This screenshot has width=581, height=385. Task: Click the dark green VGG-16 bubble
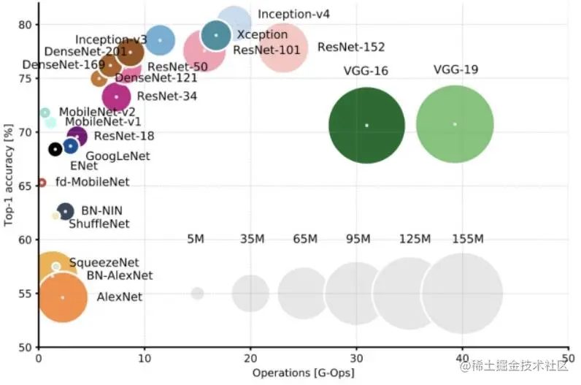(x=366, y=125)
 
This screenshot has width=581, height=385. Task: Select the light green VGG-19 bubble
(x=455, y=124)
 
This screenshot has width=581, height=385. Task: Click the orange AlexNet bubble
(x=63, y=297)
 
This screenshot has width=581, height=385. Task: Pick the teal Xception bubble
(x=216, y=35)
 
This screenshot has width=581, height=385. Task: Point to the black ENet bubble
(x=55, y=149)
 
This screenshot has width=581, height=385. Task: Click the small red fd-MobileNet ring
(x=42, y=182)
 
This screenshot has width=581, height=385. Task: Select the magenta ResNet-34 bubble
(x=116, y=96)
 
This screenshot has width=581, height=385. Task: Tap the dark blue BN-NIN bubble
(x=65, y=210)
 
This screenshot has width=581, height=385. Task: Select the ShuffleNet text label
(x=99, y=224)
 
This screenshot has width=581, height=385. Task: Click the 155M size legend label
(x=468, y=239)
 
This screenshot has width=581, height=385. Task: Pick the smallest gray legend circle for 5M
(x=197, y=293)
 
